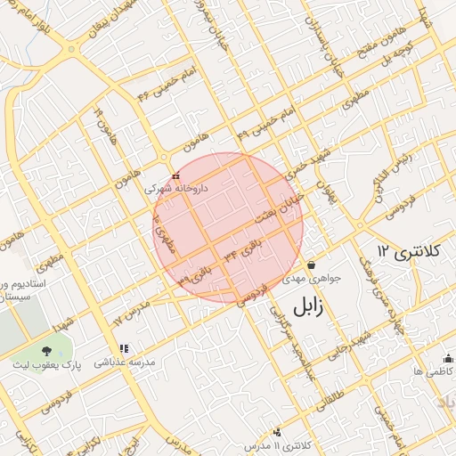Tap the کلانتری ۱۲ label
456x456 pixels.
pos(410,252)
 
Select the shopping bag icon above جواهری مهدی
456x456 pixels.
pos(312,265)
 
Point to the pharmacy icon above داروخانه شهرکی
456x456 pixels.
pos(175,176)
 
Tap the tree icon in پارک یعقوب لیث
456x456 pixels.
pos(46,349)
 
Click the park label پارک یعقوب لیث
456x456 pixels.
pos(45,365)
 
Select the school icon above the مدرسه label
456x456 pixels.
pos(123,348)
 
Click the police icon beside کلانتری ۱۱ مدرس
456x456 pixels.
pos(277,432)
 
